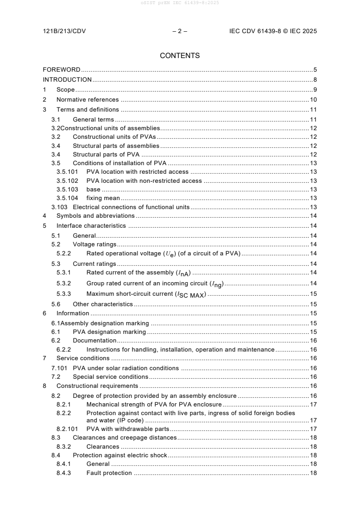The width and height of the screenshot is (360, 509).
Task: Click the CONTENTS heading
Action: (x=180, y=56)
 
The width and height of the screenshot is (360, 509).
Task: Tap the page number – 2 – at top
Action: (x=180, y=31)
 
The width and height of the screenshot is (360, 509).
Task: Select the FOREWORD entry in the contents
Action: (x=61, y=70)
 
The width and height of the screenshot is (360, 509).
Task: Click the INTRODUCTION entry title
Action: (x=67, y=80)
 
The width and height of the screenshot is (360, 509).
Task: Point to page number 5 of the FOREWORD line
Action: (x=315, y=70)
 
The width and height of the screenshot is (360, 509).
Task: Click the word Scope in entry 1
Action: (x=65, y=90)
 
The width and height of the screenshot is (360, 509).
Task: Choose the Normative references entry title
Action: (x=87, y=100)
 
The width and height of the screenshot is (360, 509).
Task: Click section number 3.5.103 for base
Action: (x=67, y=189)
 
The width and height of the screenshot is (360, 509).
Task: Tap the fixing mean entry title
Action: (x=103, y=198)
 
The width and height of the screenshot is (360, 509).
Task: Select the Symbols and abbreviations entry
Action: (x=95, y=215)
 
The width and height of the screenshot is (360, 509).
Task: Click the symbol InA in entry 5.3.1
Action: (x=183, y=273)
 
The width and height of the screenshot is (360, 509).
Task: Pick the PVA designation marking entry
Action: (x=109, y=332)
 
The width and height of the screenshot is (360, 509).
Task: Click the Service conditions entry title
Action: (x=83, y=358)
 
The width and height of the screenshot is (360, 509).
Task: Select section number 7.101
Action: (x=59, y=368)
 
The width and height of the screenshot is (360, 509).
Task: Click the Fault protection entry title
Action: (x=109, y=473)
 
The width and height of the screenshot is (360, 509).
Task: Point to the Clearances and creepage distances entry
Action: (x=124, y=438)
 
